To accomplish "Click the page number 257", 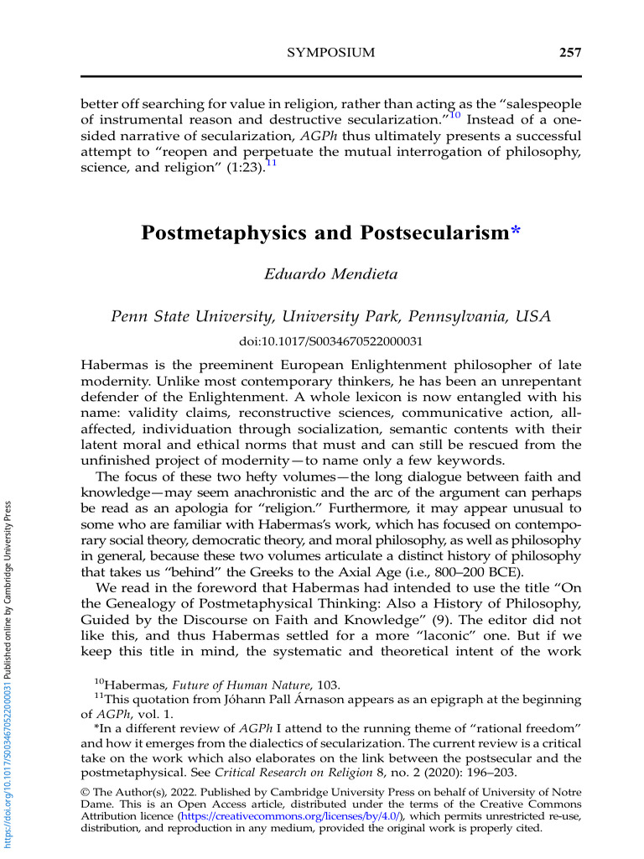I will pos(569,54).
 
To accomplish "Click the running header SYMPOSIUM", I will pos(330,54).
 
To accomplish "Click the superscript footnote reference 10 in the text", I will pos(455,115).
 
